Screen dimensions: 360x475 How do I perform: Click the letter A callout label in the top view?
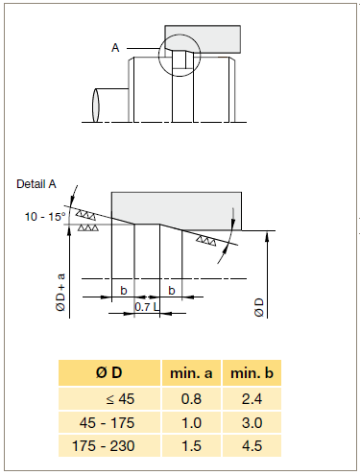coord(115,48)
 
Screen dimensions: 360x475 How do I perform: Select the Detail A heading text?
coord(36,184)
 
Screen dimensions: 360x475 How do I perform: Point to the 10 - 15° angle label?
coord(45,217)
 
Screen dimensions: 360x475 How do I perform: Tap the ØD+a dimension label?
coord(60,292)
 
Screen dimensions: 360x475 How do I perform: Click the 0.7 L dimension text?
coord(147,307)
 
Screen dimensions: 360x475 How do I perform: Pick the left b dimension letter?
coord(124,291)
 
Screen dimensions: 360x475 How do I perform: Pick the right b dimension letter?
coord(172,291)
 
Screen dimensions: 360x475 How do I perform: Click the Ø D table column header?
coord(109,372)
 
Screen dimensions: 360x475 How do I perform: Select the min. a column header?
coord(191,373)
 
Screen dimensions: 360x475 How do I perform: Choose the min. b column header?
coord(252,373)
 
